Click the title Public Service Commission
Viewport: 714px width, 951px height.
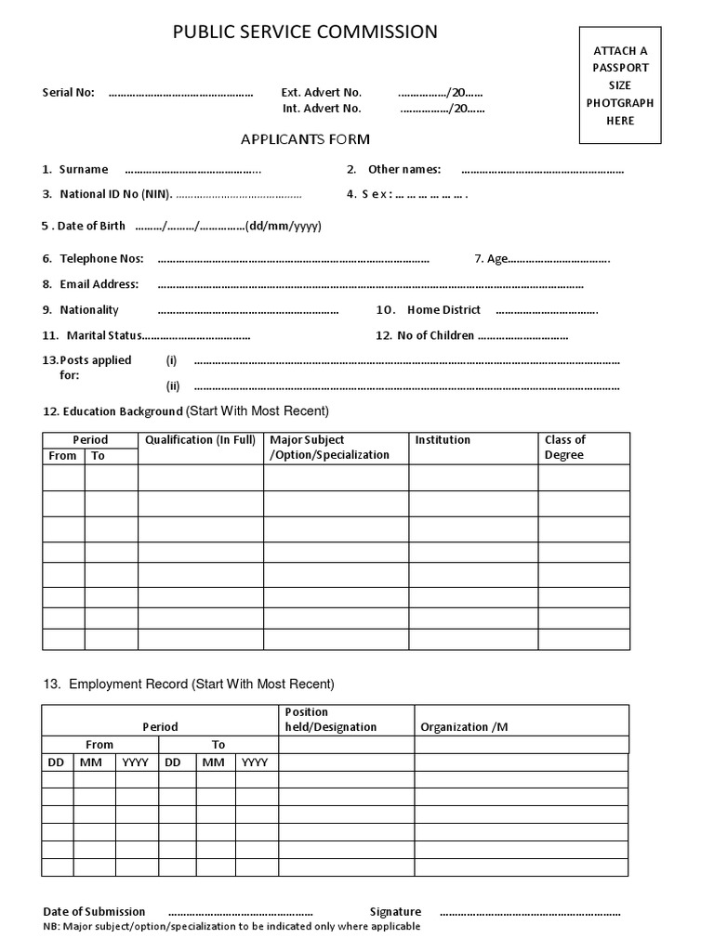[x=305, y=33]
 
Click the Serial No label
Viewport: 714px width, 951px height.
[x=69, y=93]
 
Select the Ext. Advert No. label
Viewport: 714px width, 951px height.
[x=322, y=93]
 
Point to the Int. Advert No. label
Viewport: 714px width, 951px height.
[x=322, y=109]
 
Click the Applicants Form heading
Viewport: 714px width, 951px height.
[x=305, y=139]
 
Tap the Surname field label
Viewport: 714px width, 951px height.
[x=83, y=169]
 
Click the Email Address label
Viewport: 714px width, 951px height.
[x=99, y=284]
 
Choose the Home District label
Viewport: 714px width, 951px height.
[x=443, y=310]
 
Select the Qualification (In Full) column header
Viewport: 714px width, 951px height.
[x=200, y=440]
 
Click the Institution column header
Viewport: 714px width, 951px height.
[x=443, y=440]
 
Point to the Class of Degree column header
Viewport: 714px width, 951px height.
[x=565, y=448]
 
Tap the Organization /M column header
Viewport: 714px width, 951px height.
[x=464, y=727]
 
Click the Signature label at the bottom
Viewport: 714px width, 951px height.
[x=395, y=912]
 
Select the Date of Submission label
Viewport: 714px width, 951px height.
[x=94, y=912]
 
